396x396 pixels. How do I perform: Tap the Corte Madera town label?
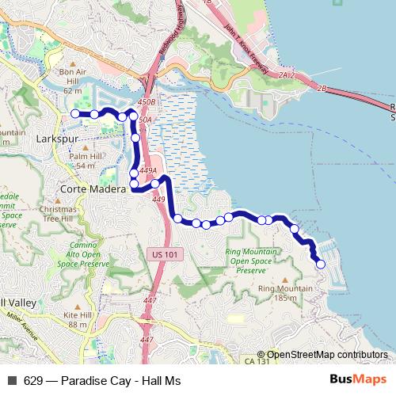[93, 191]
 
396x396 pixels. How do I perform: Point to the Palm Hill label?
[86, 162]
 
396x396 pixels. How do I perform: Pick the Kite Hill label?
[78, 319]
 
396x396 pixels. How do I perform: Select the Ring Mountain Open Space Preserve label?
[252, 261]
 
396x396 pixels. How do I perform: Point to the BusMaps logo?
[358, 380]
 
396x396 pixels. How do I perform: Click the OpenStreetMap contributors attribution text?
[327, 355]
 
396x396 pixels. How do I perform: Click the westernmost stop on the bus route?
[76, 114]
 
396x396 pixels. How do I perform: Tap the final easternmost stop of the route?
[321, 265]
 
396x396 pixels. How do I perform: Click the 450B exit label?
[147, 103]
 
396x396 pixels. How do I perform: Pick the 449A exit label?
[148, 170]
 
